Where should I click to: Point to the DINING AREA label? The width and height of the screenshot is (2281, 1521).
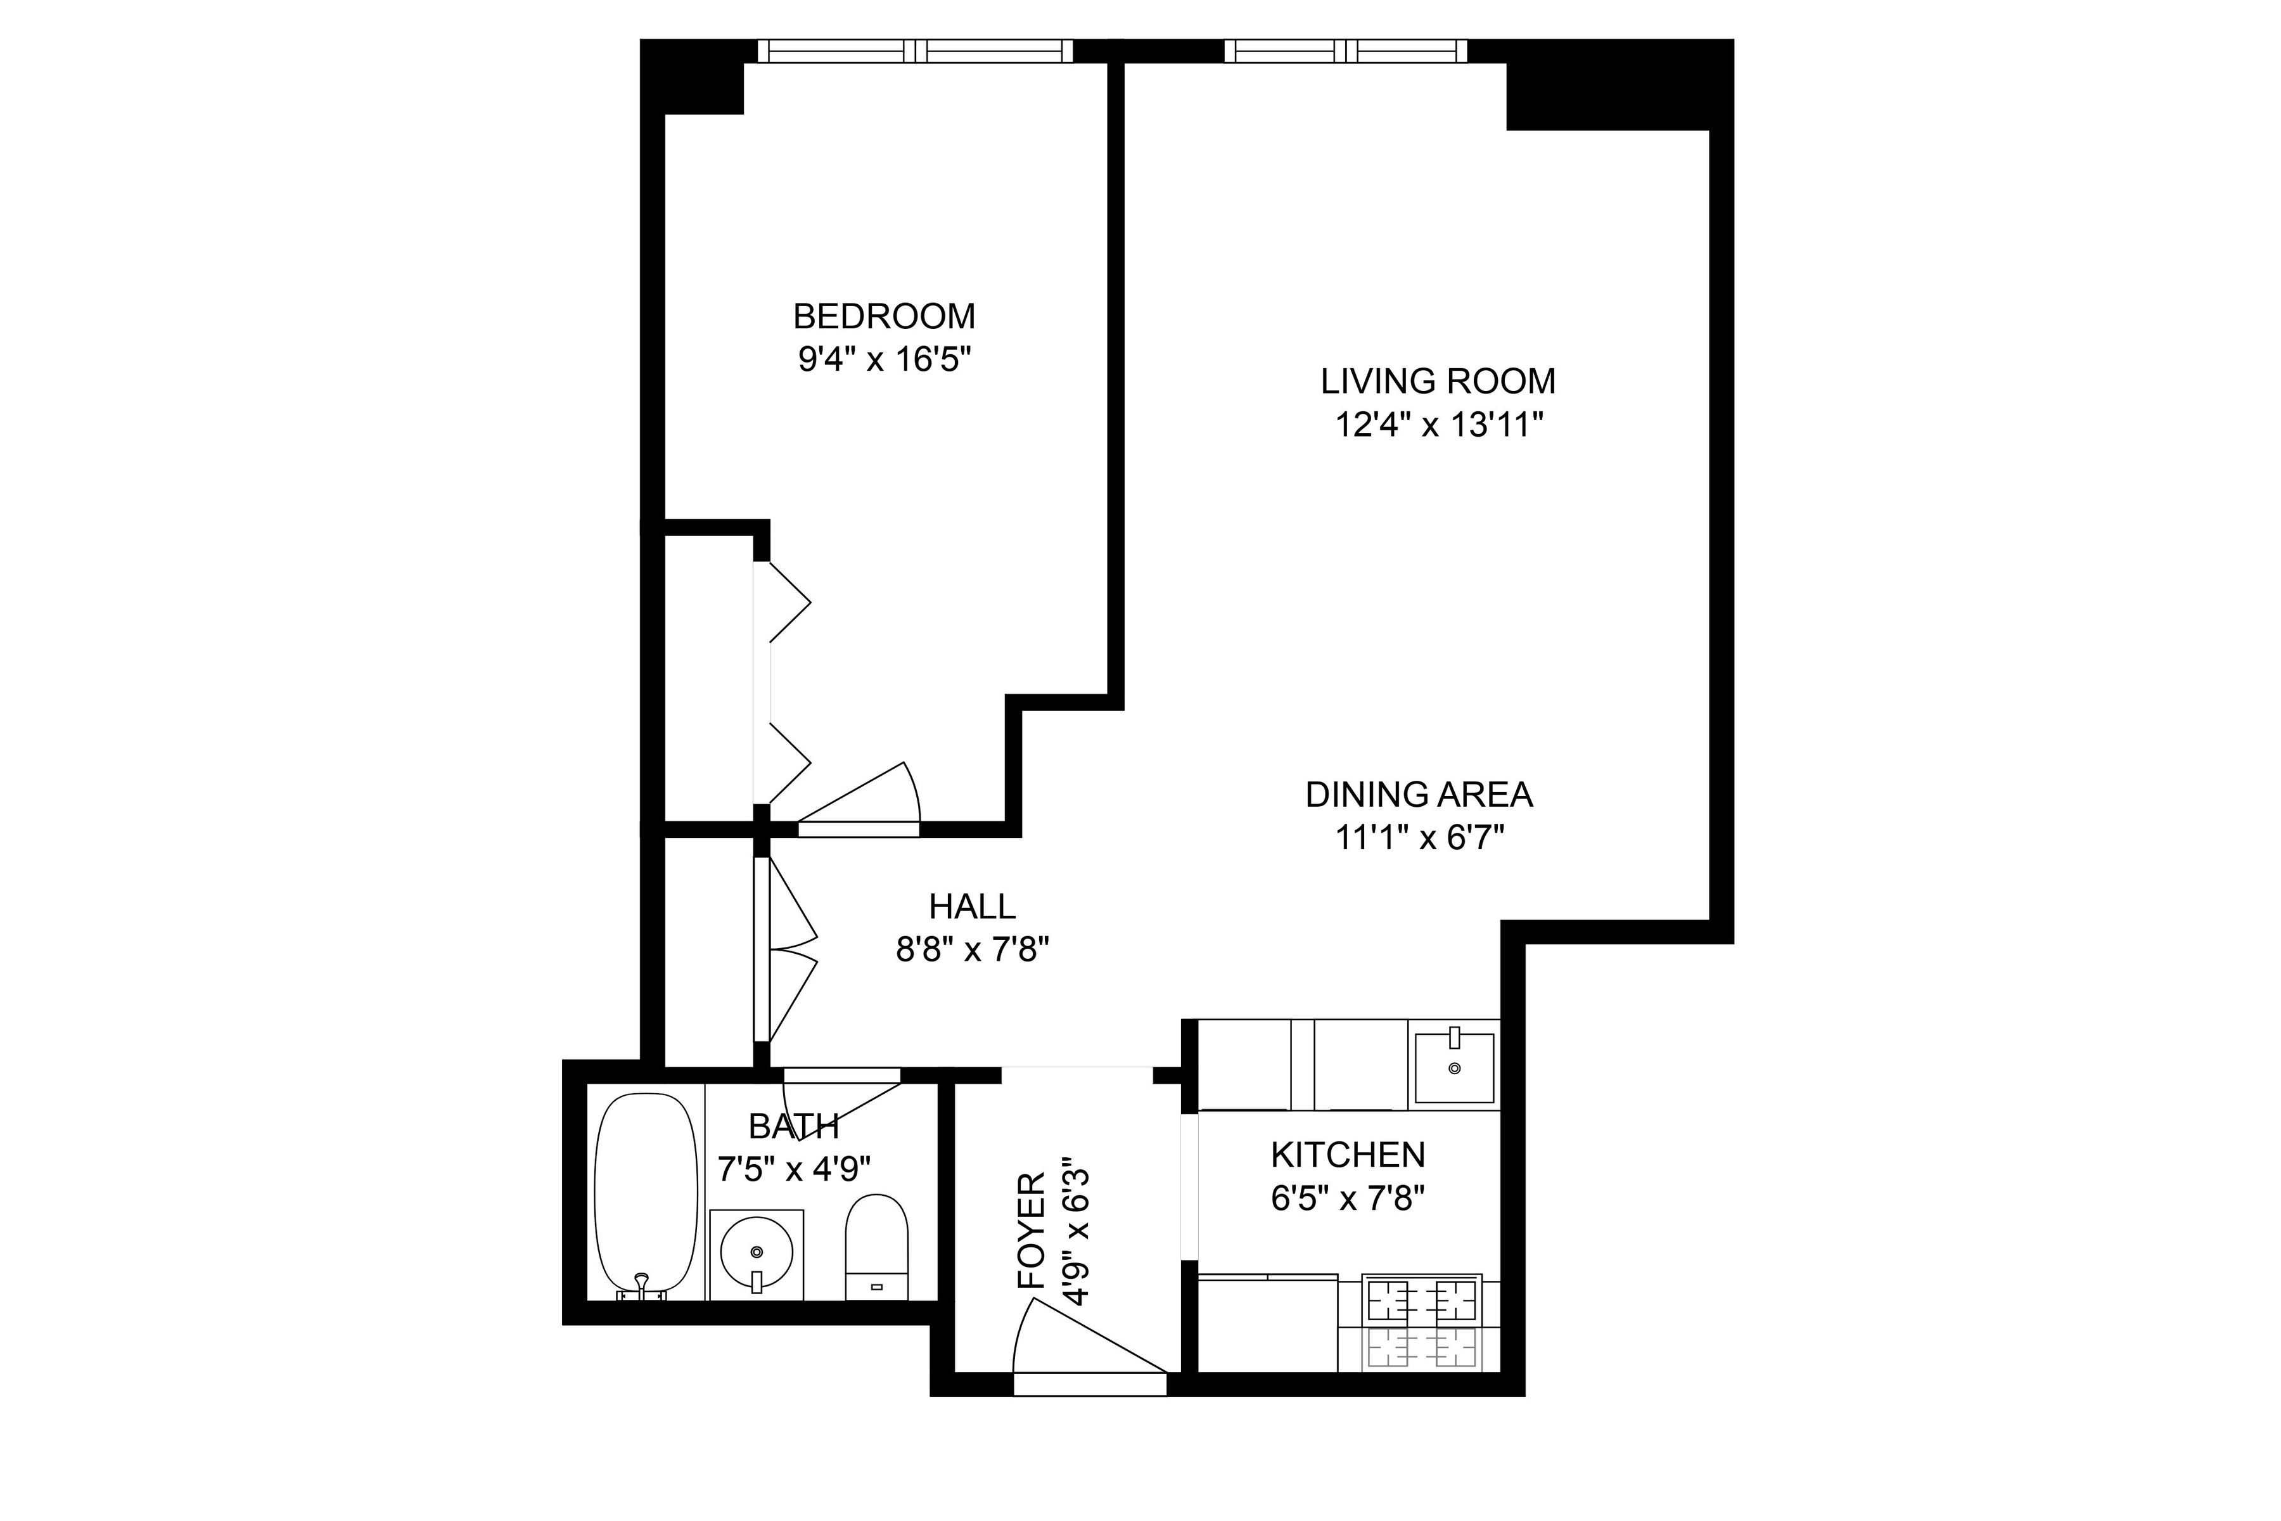coord(1418,795)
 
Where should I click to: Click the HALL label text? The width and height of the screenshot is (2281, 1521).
coord(972,907)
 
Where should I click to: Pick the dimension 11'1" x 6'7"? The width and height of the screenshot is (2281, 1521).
coord(1419,838)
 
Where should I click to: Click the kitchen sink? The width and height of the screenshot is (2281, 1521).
coord(1453,1068)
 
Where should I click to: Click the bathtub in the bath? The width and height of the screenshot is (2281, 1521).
coord(645,1196)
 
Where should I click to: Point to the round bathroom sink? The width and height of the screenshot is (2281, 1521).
coord(757,1254)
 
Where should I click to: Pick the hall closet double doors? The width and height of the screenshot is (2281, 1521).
coord(788,949)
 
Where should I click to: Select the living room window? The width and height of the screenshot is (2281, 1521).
coord(1345,51)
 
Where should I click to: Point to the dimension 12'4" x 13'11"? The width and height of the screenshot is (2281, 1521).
coord(1438,425)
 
